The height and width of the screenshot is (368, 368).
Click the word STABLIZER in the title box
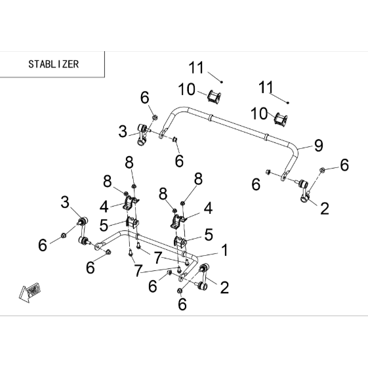click(54, 64)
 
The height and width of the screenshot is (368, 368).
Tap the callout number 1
click(224, 250)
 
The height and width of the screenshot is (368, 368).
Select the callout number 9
click(319, 146)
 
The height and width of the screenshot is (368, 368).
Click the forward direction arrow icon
click(30, 291)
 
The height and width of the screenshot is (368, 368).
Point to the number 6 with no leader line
click(256, 184)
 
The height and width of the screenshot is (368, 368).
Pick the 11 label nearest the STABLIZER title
click(196, 68)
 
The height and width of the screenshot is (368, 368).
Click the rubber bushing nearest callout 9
click(281, 119)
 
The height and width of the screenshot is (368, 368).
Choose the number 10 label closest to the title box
click(186, 89)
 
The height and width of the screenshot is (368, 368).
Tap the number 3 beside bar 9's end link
click(123, 131)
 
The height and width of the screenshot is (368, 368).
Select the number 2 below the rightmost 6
click(325, 208)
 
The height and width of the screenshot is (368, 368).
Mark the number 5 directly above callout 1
click(209, 234)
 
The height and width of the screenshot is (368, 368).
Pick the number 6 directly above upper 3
click(145, 97)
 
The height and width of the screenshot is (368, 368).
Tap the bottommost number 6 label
click(182, 304)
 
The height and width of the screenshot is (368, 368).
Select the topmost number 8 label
click(129, 162)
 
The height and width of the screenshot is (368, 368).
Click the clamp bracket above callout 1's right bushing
click(177, 221)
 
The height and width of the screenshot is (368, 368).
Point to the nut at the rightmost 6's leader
click(322, 170)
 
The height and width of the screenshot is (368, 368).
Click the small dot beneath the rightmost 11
click(288, 102)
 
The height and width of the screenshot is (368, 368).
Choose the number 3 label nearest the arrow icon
click(65, 202)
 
